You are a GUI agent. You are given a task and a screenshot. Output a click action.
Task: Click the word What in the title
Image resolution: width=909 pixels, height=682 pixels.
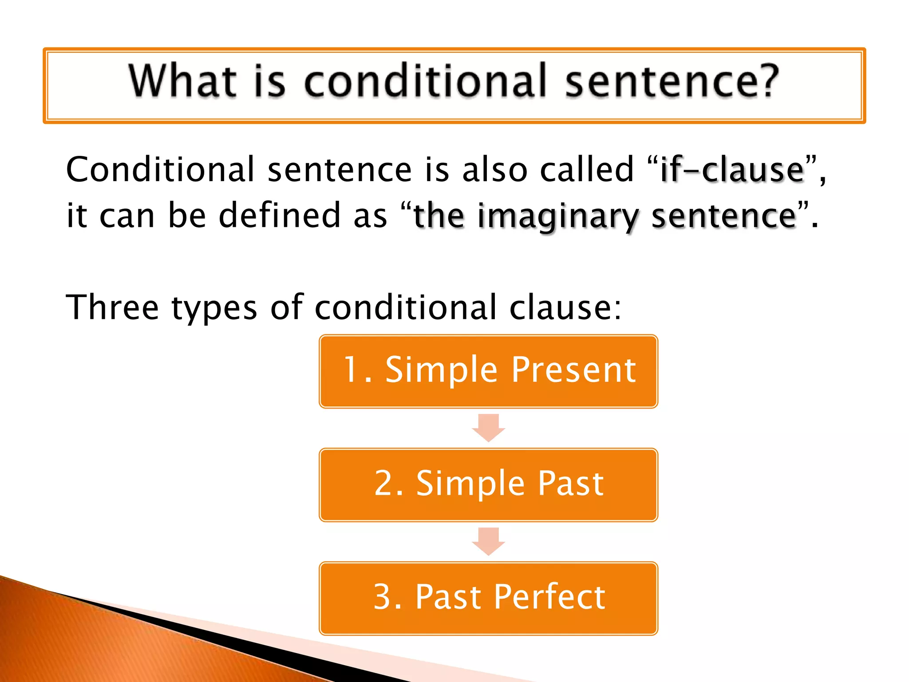[x=182, y=81]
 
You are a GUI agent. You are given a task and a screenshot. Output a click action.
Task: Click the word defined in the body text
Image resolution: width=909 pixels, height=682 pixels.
[x=280, y=215]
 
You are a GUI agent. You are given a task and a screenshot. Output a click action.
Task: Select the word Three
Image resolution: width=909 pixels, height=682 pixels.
[x=112, y=307]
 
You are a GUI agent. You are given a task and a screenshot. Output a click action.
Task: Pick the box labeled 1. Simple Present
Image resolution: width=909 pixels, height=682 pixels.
[x=488, y=371]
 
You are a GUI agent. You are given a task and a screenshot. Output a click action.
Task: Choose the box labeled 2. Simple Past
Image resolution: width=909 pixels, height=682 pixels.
[x=488, y=485]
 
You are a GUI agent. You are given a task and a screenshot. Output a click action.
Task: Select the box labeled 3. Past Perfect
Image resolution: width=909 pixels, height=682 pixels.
[x=488, y=598]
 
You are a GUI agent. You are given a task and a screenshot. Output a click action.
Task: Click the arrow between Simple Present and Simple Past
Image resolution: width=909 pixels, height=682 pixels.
[x=488, y=428]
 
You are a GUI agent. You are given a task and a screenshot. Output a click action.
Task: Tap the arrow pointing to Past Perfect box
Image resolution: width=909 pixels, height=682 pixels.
[x=488, y=541]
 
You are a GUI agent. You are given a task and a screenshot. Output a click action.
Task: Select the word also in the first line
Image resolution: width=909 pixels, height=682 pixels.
[x=494, y=170]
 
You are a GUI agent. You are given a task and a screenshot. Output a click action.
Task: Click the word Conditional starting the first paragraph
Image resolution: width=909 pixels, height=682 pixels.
[x=160, y=170]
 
